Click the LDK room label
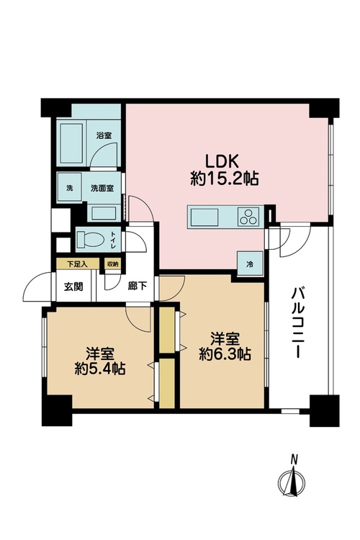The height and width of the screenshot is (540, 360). coord(222,161)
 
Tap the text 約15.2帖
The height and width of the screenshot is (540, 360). coord(224,179)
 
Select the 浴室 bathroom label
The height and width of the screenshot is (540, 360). coord(104,135)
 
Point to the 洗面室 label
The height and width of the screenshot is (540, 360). coord(102,189)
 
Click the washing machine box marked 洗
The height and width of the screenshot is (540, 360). coord(69,188)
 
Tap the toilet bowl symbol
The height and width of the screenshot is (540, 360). coord(90,239)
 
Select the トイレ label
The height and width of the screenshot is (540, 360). coord(113,239)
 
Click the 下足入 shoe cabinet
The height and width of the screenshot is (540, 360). coord(78,264)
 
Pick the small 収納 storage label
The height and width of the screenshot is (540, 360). coord(112,264)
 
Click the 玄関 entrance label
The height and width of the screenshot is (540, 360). coord(73,287)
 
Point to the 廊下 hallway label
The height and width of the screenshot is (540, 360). coord(138,286)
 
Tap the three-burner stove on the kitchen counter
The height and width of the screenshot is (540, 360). coord(248,217)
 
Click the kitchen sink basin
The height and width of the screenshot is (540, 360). coord(203,217)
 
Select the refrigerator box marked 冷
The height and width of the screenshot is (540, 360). coord(250,264)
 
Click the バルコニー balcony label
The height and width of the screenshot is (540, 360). coord(297,323)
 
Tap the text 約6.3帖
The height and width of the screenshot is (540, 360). coord(225,354)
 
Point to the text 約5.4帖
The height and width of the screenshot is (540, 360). coord(100,369)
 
